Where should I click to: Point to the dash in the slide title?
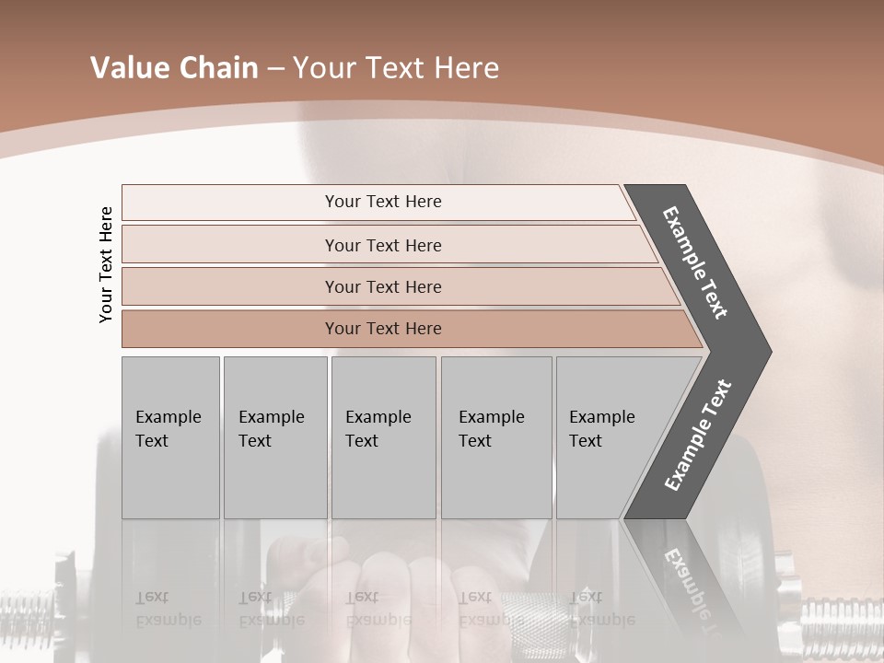(275, 69)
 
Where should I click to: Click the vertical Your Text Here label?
(107, 264)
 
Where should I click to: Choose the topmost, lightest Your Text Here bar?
(383, 202)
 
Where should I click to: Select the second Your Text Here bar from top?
(383, 245)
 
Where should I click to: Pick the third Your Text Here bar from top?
(383, 286)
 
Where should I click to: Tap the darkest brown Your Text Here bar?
(383, 329)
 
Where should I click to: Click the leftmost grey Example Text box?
(170, 437)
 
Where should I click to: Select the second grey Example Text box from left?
(275, 437)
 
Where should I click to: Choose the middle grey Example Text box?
(383, 437)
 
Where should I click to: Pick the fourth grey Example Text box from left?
(496, 437)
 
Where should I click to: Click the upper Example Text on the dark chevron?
(695, 262)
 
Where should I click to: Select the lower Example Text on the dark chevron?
(698, 435)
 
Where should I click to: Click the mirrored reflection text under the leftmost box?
(154, 608)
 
